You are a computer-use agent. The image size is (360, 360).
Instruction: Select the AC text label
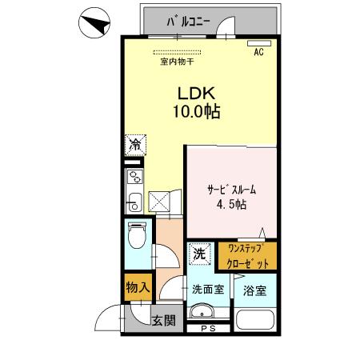click(258, 54)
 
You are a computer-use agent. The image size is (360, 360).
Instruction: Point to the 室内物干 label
click(177, 62)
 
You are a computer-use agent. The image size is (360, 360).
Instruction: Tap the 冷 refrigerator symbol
click(135, 146)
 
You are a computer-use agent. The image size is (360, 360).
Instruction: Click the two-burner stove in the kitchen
click(134, 178)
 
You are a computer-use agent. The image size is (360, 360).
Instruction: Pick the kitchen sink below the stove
click(134, 199)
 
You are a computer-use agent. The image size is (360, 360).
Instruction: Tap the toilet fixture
click(138, 238)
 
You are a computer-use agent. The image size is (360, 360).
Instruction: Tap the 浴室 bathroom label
click(254, 289)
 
